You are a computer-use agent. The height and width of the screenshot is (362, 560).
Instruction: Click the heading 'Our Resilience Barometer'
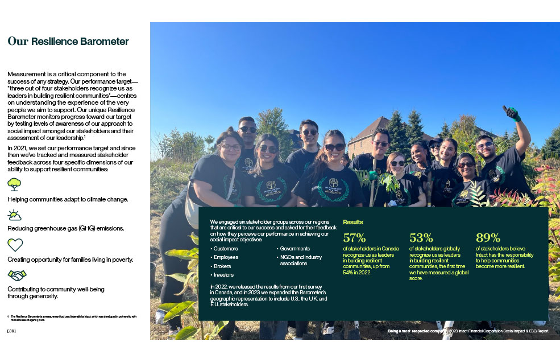pyautogui.click(x=68, y=42)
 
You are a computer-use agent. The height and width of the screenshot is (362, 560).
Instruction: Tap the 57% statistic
pyautogui.click(x=355, y=238)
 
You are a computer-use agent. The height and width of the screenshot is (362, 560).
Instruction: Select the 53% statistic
pyautogui.click(x=421, y=238)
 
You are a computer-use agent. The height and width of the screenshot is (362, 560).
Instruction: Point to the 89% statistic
pyautogui.click(x=488, y=238)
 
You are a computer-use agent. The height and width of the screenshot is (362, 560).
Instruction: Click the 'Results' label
pyautogui.click(x=352, y=222)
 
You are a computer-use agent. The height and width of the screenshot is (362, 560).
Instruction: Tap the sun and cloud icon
pyautogui.click(x=14, y=215)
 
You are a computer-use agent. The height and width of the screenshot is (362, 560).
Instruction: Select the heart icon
pyautogui.click(x=15, y=245)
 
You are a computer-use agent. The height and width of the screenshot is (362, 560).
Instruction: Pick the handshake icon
pyautogui.click(x=16, y=275)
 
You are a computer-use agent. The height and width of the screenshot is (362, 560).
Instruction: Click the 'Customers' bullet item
pyautogui.click(x=226, y=249)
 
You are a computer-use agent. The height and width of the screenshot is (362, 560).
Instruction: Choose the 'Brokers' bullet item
pyautogui.click(x=222, y=266)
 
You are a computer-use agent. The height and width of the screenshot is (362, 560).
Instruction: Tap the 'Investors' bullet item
pyautogui.click(x=223, y=274)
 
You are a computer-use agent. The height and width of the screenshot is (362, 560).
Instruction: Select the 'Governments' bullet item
pyautogui.click(x=294, y=249)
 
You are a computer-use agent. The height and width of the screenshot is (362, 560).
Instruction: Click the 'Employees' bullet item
pyautogui.click(x=226, y=257)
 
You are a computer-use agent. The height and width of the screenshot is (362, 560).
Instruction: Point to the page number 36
pyautogui.click(x=11, y=331)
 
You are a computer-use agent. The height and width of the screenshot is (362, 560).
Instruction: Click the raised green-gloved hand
pyautogui.click(x=512, y=113)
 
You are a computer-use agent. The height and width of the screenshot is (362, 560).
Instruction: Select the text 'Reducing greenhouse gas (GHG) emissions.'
pyautogui.click(x=65, y=228)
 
